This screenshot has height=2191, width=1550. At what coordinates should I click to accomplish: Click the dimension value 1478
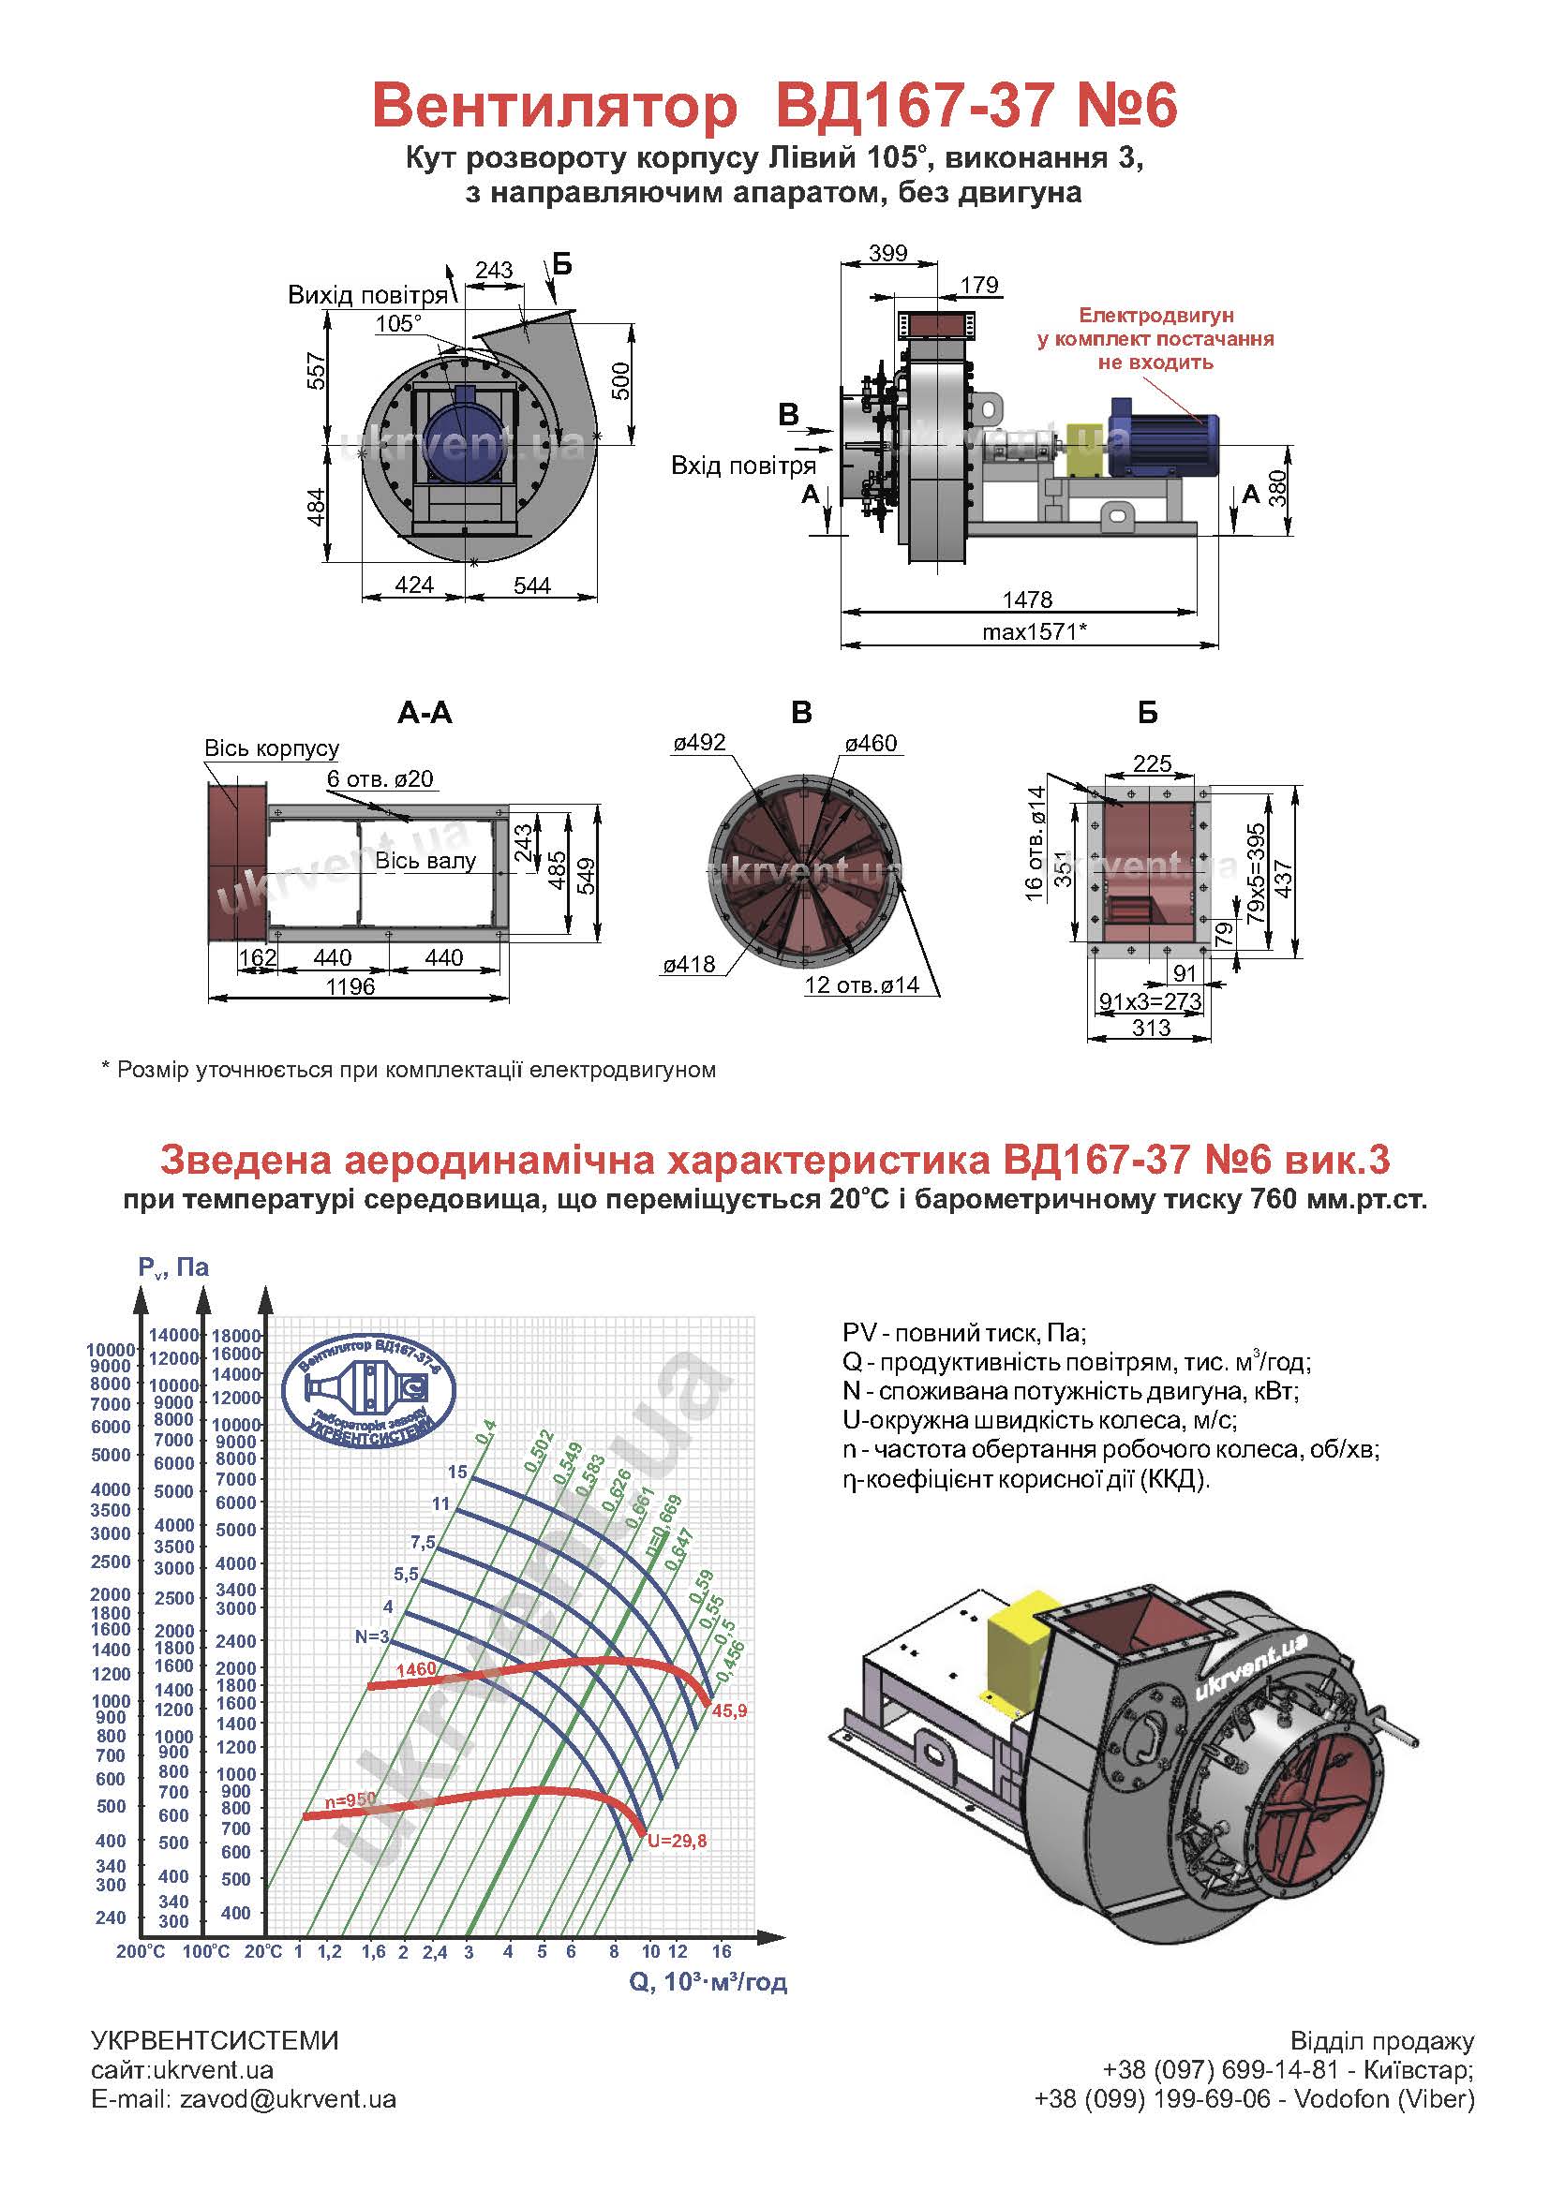1027,600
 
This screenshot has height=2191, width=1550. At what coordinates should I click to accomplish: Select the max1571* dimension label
1035,631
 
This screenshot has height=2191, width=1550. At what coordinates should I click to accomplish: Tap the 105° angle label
398,323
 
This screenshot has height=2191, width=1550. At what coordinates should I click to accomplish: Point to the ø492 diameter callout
699,743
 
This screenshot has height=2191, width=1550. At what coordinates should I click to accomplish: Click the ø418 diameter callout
689,965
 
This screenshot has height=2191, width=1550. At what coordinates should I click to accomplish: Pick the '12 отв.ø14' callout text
862,984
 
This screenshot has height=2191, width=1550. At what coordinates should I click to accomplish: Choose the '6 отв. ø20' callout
380,778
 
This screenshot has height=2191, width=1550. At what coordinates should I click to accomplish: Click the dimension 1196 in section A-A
350,986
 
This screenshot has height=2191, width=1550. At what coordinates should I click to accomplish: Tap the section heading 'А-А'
425,713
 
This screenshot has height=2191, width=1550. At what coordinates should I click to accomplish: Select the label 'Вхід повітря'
743,466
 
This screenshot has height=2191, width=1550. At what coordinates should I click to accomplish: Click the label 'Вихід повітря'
367,295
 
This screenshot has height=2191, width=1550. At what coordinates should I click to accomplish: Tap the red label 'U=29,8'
677,1842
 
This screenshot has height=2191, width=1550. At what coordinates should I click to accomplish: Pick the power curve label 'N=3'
372,1636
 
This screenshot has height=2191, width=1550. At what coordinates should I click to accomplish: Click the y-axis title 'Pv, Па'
172,1267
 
